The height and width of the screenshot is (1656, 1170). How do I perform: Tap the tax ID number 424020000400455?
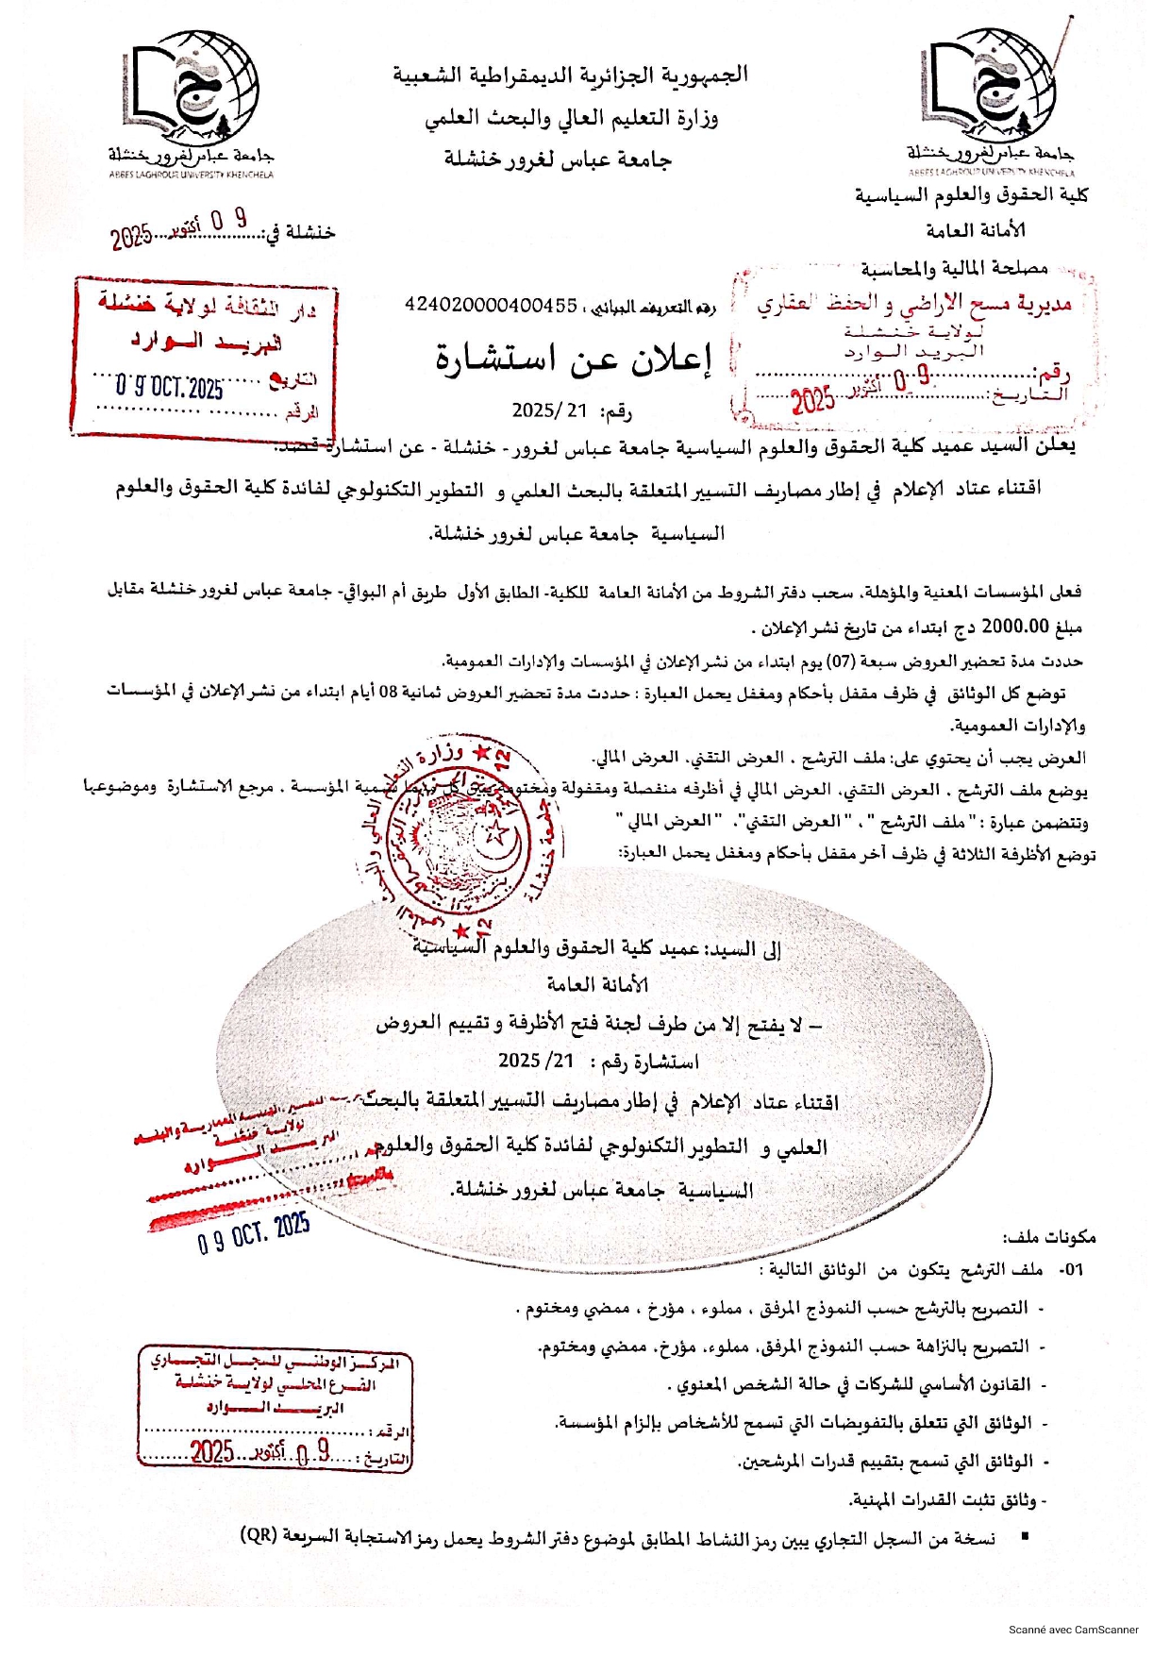point(491,305)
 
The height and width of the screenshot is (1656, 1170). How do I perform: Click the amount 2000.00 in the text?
point(1015,625)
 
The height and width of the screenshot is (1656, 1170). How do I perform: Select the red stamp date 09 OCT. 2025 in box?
point(170,386)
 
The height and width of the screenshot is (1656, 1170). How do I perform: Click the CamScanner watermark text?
point(1073,1630)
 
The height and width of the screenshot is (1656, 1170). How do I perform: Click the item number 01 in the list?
point(1071,1270)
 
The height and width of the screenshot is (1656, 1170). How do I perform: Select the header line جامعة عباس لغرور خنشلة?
point(558,159)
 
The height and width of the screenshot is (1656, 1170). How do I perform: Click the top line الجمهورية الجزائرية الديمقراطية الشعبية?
point(571,75)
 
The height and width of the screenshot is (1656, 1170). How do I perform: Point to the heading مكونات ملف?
point(1049,1236)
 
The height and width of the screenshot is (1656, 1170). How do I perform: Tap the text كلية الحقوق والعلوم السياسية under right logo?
point(971,195)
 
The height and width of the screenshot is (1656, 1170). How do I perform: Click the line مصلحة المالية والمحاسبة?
point(954,269)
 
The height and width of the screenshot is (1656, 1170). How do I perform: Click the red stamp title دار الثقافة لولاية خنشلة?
point(208,305)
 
